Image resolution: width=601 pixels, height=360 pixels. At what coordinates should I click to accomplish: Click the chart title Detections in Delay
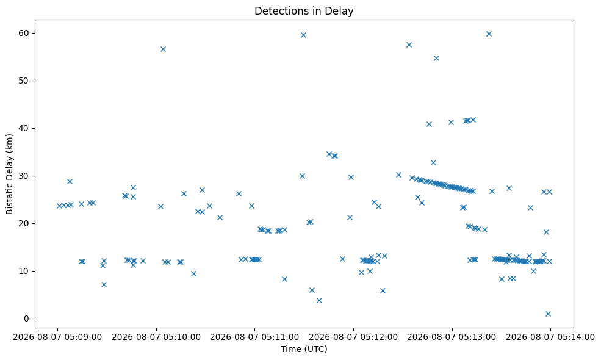coord(304,11)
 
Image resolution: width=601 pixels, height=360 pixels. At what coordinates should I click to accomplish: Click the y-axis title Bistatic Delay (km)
coord(10,174)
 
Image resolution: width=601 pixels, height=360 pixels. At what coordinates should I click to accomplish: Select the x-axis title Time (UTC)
coord(304,349)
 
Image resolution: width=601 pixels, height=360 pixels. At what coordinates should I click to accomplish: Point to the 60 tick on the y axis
coord(24,33)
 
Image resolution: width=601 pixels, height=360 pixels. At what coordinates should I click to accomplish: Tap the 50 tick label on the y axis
coord(24,81)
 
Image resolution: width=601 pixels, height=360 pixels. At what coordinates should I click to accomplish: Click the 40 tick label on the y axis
coord(24,128)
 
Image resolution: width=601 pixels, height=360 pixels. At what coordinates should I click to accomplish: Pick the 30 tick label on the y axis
coord(24,176)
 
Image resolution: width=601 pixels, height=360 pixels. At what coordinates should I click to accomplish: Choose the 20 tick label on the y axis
coord(24,223)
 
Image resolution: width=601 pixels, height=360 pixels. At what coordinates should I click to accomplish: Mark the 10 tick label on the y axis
coord(24,271)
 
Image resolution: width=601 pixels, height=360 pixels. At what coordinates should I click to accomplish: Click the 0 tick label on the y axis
coord(26,319)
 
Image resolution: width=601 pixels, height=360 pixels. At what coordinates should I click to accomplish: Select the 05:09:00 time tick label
coord(57,337)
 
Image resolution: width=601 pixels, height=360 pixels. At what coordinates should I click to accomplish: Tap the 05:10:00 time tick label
coord(156,337)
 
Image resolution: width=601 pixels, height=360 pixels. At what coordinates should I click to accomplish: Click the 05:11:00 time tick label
coord(254,337)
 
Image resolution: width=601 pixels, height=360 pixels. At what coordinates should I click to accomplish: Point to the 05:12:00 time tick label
coord(353,337)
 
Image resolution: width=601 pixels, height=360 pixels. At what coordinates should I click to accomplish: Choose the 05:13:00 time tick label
coord(452,337)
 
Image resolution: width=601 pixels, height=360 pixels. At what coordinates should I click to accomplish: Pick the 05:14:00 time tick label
coord(550,337)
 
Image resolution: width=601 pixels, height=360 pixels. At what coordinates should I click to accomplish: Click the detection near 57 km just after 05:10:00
coord(163,49)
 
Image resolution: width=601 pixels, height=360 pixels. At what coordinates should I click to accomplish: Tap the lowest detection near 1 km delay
coord(548,314)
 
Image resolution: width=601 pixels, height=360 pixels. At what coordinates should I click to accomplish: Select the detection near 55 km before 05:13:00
coord(436,59)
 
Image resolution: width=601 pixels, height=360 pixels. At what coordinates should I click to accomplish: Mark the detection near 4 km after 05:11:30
coord(319,301)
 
